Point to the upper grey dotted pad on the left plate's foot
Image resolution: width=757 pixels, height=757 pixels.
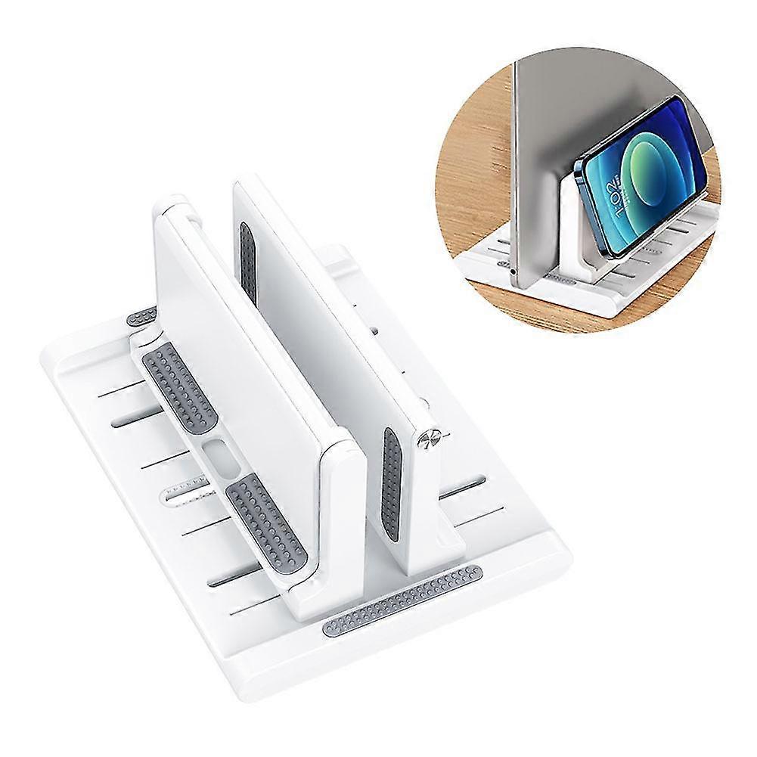pos(178,382)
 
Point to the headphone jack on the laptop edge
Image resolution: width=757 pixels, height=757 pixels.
pos(515,268)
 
